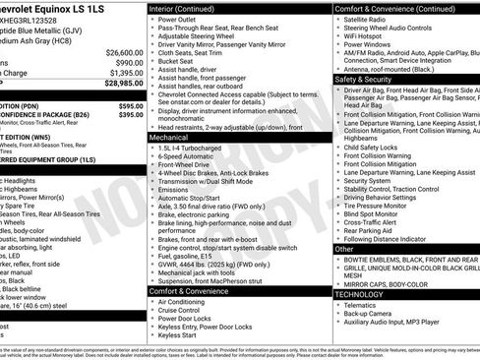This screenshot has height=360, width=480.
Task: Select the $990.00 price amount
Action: tap(125, 62)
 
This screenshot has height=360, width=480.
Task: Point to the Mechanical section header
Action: tap(169, 138)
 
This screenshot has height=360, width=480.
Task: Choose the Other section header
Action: tap(344, 249)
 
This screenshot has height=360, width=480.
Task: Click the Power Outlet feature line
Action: tap(177, 19)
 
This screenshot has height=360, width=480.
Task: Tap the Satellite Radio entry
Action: tap(366, 19)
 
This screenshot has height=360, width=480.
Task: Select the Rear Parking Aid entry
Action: tap(371, 230)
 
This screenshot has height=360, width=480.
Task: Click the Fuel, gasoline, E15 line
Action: tap(193, 257)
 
